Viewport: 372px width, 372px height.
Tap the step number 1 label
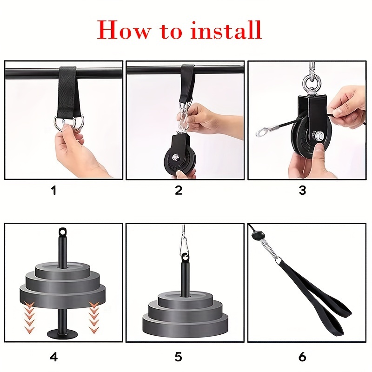tap(54, 190)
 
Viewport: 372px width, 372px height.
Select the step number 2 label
tap(179, 190)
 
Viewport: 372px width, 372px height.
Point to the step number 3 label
tap(303, 190)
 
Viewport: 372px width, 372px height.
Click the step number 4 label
tap(54, 357)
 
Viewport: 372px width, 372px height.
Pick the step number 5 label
tap(179, 357)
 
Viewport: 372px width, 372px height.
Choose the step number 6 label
tap(303, 357)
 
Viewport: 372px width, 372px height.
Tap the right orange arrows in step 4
tap(94, 316)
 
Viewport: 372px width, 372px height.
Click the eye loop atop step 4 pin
tap(62, 231)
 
